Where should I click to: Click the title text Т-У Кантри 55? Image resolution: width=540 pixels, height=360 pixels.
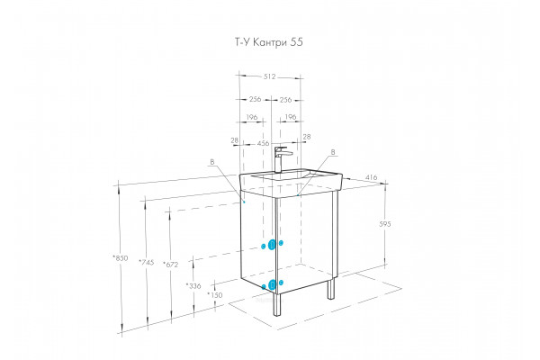(269, 42)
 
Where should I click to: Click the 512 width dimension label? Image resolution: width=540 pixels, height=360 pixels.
(270, 76)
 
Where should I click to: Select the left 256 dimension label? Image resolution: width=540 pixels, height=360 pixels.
(256, 99)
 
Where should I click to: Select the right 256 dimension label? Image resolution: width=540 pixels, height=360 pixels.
(285, 100)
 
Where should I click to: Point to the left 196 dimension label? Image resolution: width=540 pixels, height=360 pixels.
(252, 117)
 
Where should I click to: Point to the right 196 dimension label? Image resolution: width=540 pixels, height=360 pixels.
(291, 117)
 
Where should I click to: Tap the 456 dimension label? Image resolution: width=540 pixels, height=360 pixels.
(263, 143)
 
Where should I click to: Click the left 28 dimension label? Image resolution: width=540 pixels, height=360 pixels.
(235, 140)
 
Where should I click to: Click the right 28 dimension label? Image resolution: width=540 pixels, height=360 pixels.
(307, 137)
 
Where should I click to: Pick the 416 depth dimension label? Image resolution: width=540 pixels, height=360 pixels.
(371, 177)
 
